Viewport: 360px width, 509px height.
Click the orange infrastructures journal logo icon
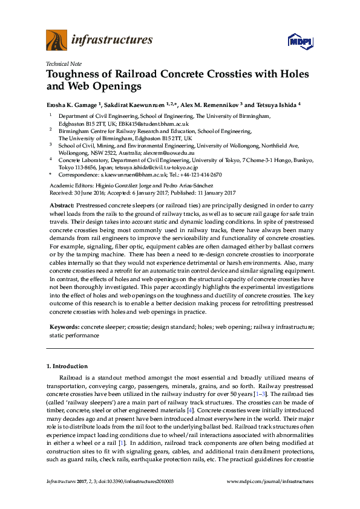(56, 40)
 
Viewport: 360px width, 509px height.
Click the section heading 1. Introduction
(67, 366)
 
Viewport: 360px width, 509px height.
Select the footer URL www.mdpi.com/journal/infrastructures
(270, 482)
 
